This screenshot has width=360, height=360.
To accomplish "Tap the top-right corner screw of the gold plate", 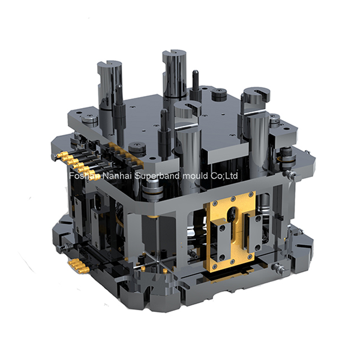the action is (x=250, y=194).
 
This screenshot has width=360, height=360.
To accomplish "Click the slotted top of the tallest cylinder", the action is (x=175, y=53).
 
